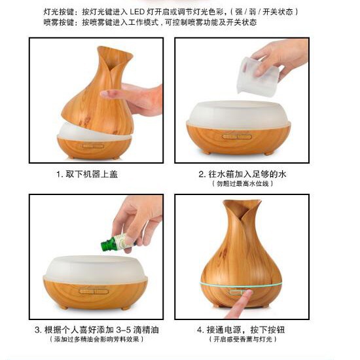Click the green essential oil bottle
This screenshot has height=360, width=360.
[117, 243]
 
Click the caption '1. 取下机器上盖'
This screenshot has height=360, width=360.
[87, 174]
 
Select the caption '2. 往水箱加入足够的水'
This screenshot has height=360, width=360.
[242, 174]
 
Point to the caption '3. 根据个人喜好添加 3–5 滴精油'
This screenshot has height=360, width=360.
[97, 330]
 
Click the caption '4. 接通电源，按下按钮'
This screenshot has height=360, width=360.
[241, 330]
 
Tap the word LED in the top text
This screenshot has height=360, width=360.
[137, 12]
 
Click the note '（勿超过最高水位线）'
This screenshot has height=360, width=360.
[242, 184]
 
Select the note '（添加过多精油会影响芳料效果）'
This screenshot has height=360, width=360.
[97, 339]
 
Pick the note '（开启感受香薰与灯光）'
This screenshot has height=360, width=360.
[243, 339]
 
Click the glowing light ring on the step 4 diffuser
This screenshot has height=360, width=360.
[241, 285]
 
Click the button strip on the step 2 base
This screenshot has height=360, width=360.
[237, 137]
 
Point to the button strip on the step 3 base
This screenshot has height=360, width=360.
[94, 291]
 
